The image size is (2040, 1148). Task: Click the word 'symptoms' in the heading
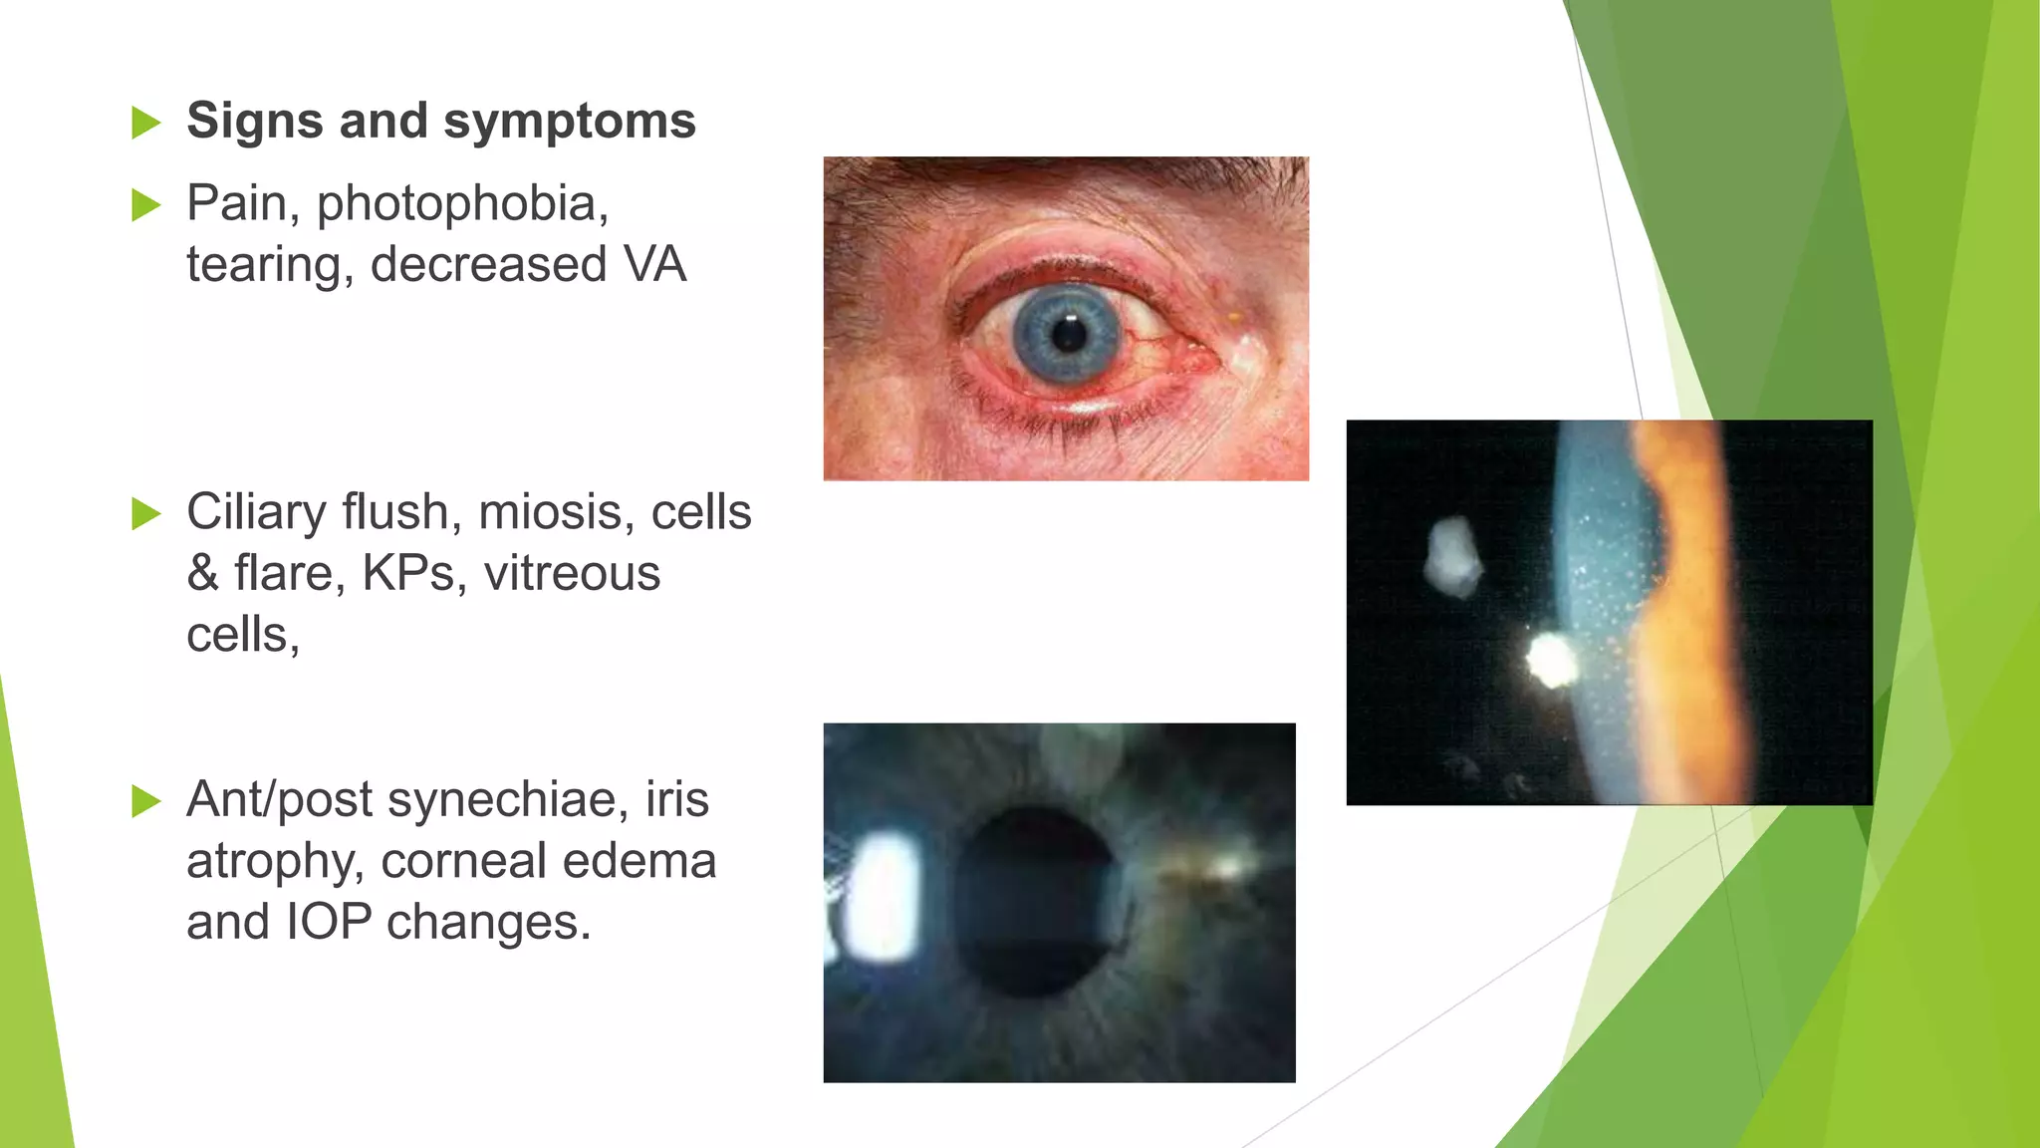tap(569, 122)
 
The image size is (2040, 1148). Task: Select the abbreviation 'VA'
tap(654, 265)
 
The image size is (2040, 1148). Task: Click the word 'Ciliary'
tap(256, 512)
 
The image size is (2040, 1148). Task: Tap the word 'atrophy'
tap(272, 861)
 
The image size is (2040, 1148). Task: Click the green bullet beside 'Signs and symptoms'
tap(145, 124)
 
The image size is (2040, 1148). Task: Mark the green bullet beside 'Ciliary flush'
tap(145, 514)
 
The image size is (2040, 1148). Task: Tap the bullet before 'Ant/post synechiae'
tap(145, 801)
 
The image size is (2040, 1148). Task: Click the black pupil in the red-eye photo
tap(1068, 334)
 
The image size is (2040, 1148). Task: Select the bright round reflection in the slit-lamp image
tap(1550, 660)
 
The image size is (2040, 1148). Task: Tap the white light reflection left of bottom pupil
tap(881, 897)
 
